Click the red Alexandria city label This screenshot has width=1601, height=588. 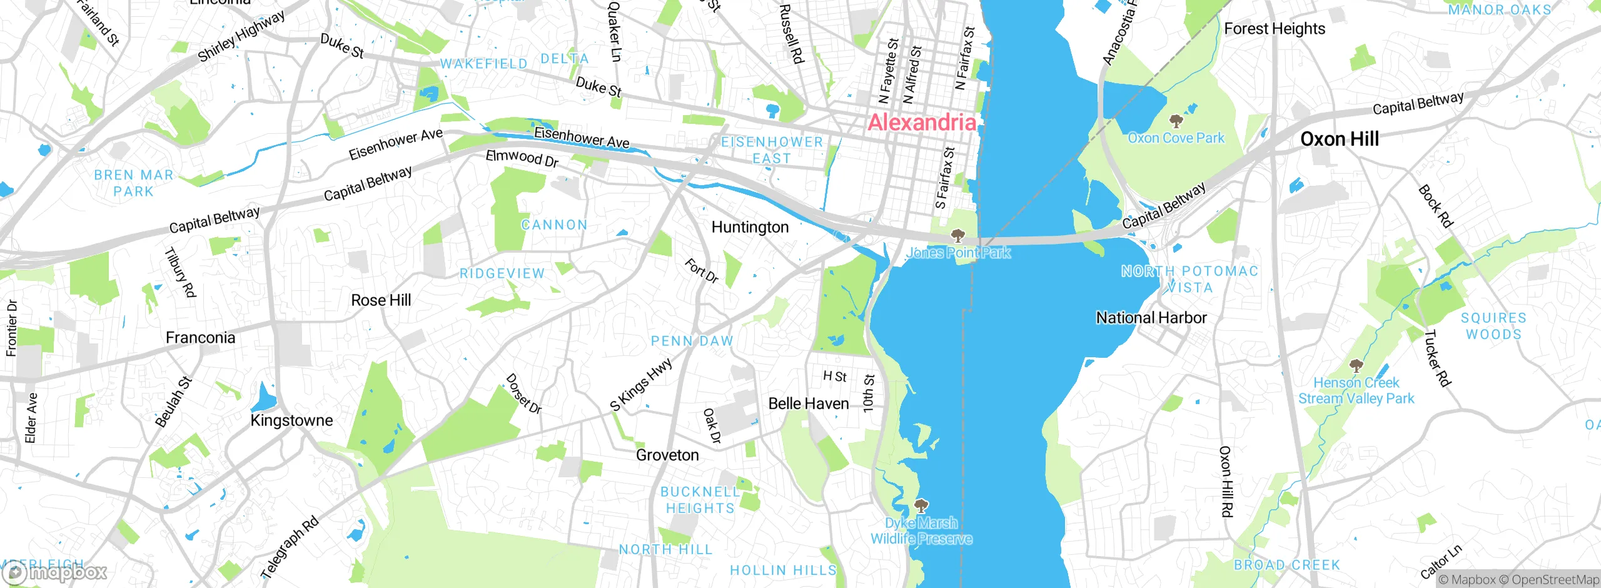pos(922,123)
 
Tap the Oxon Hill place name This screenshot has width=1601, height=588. pos(1339,139)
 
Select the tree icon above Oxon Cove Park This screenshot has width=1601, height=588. pos(1176,120)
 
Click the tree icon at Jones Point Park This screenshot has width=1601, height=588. pos(957,236)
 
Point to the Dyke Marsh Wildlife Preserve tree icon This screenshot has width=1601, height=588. pos(921,505)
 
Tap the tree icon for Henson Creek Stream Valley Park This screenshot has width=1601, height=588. pos(1355,365)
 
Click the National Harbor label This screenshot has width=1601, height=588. pos(1151,318)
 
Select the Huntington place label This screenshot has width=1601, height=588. pos(750,227)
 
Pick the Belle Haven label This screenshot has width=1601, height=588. pos(808,404)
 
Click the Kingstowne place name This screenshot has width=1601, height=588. pos(291,420)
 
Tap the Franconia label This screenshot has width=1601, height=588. pos(200,338)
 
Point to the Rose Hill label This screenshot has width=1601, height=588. pos(381,300)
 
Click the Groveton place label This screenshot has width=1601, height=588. pos(667,455)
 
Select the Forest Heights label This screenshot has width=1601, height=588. pos(1274,29)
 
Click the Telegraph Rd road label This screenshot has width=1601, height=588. pos(289,548)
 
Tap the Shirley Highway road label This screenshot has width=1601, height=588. pos(241,36)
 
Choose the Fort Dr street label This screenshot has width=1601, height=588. pos(702,270)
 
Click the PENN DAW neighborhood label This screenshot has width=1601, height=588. pos(692,342)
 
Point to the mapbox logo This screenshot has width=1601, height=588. pos(55,572)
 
